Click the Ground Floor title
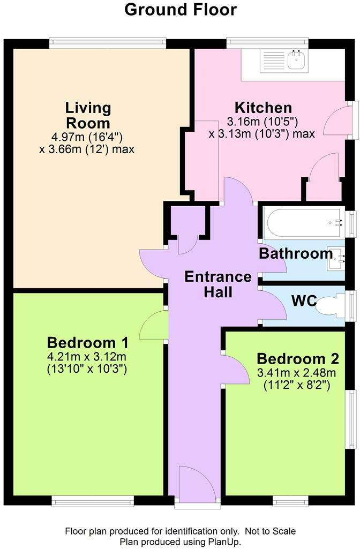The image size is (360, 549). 180,10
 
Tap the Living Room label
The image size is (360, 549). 88,115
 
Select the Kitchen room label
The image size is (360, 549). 263,107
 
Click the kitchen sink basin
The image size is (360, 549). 297,59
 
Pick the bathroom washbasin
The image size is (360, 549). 335,258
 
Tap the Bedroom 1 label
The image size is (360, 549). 87,342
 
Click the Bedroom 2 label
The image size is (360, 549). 298,358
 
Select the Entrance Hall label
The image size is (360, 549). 218,284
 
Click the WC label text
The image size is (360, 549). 304,301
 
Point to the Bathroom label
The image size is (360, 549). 295,253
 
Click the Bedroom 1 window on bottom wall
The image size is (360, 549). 93,501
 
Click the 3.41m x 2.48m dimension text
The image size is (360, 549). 296,373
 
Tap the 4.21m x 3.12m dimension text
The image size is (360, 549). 86,356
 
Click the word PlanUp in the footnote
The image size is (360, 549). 225,542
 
